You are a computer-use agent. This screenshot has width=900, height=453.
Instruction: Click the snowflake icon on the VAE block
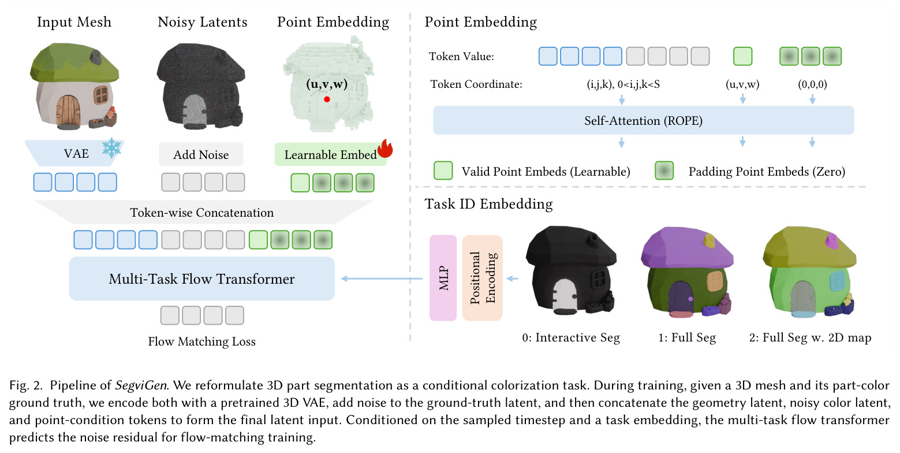(x=111, y=148)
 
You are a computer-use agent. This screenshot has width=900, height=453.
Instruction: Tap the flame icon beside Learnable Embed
(x=385, y=148)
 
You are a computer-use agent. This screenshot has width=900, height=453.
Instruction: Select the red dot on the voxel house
(x=327, y=99)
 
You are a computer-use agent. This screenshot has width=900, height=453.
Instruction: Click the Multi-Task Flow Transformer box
(x=201, y=279)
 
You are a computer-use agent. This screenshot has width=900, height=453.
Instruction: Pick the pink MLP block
(x=443, y=277)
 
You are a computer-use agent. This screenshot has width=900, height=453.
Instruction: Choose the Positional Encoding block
(x=482, y=277)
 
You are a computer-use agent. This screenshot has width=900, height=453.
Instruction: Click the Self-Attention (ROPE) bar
(x=643, y=120)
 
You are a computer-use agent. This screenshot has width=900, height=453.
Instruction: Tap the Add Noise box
(x=201, y=154)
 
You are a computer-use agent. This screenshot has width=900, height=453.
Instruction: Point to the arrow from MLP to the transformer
(x=382, y=279)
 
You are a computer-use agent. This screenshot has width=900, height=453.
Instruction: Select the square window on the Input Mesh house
(x=101, y=95)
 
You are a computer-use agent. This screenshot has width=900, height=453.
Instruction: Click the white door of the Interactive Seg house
(x=565, y=296)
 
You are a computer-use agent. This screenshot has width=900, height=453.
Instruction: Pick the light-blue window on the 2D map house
(x=838, y=280)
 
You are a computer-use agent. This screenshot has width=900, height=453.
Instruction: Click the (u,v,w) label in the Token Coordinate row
(x=742, y=84)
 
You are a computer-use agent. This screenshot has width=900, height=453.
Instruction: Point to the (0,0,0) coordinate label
(x=812, y=84)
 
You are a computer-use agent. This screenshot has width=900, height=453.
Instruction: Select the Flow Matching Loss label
(x=201, y=341)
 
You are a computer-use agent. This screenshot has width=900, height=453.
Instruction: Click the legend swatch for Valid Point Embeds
(x=443, y=170)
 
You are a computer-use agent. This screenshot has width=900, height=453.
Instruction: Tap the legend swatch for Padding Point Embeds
(x=664, y=170)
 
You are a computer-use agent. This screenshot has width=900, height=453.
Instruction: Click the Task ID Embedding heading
(x=488, y=204)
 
